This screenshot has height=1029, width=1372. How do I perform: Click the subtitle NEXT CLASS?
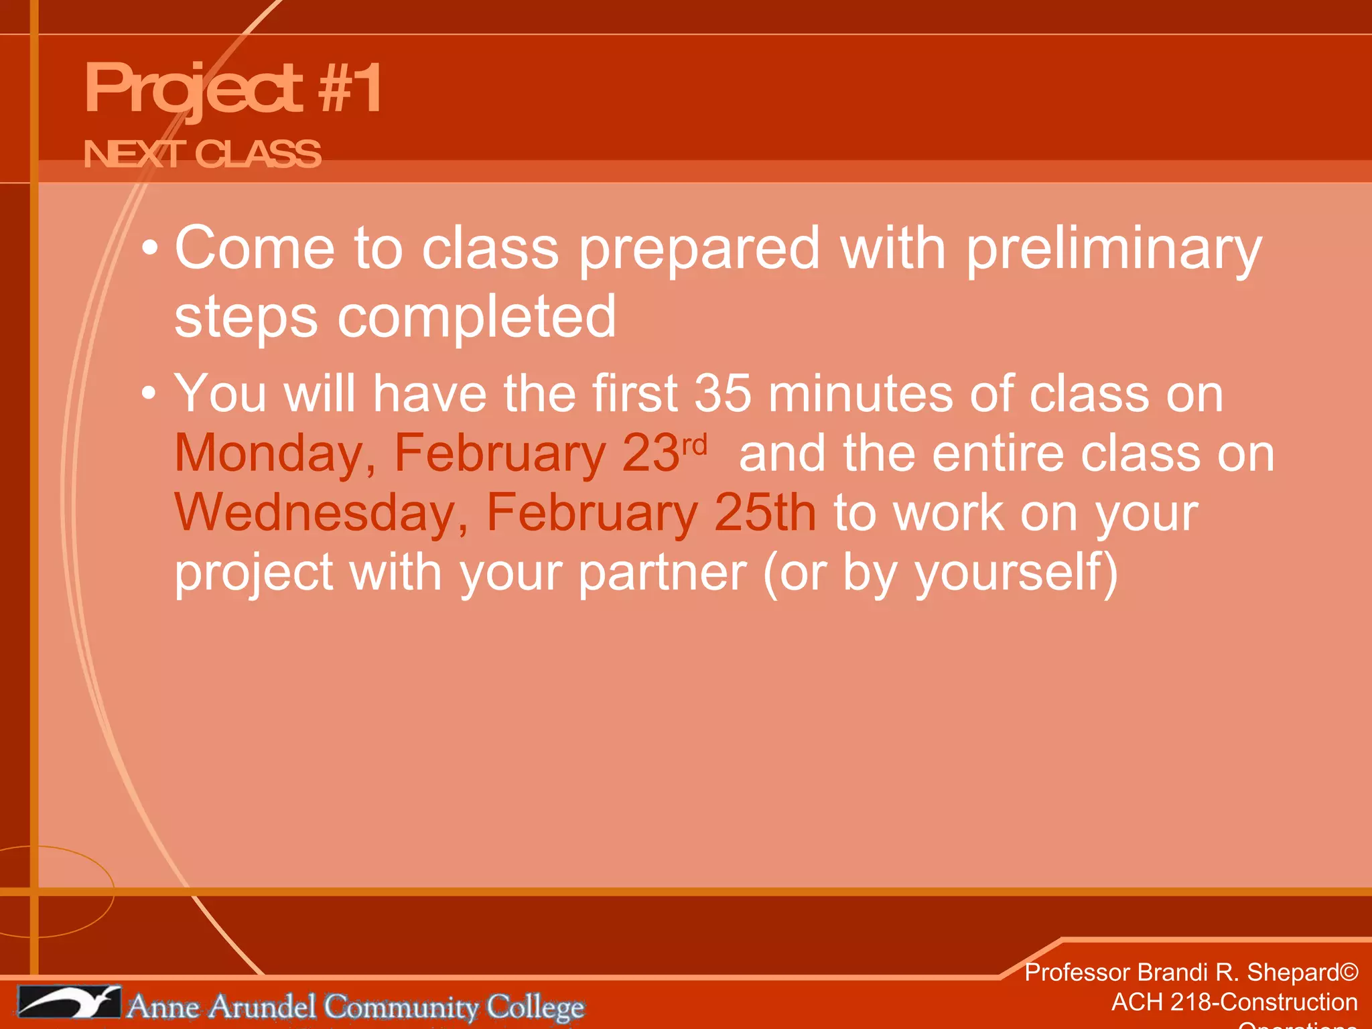coord(202,154)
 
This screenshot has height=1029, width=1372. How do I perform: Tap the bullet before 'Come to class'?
coord(150,249)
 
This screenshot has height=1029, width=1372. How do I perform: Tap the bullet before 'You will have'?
coord(150,394)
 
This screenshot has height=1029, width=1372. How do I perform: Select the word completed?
coord(476,318)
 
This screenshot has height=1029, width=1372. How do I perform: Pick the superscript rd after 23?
coord(695,445)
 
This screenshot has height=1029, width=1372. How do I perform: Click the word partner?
coord(662,573)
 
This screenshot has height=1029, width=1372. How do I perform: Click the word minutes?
coord(860,394)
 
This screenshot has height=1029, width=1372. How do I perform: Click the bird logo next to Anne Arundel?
coord(70,1002)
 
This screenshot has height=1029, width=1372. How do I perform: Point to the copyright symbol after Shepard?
coord(1349,972)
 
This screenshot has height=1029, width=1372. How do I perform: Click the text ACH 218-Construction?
coord(1234,1002)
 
